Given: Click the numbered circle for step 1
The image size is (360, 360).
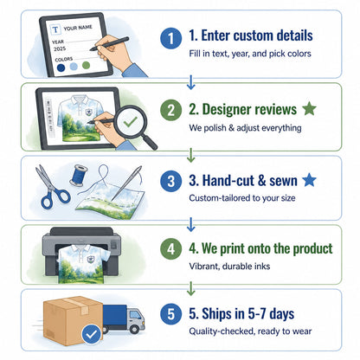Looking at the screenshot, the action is pyautogui.click(x=171, y=38).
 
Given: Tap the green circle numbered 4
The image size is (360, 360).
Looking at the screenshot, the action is pyautogui.click(x=171, y=249).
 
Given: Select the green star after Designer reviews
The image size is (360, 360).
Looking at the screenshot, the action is pyautogui.click(x=309, y=108).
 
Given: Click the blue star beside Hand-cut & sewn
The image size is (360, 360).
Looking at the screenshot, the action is pyautogui.click(x=309, y=180).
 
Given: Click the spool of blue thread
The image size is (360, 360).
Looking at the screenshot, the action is pyautogui.click(x=78, y=175).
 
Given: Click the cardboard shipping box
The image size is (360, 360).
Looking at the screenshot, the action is pyautogui.click(x=73, y=321).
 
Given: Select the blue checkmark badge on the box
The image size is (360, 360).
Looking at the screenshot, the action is pyautogui.click(x=92, y=335).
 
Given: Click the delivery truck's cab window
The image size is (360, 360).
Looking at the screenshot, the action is pyautogui.click(x=134, y=315).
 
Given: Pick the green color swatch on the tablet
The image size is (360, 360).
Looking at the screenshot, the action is pyautogui.click(x=86, y=65).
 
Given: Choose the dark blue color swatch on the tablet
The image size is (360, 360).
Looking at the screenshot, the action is pyautogui.click(x=61, y=67).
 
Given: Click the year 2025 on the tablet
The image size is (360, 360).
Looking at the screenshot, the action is pyautogui.click(x=60, y=48).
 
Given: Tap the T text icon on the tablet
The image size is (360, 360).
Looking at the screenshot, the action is pyautogui.click(x=55, y=29).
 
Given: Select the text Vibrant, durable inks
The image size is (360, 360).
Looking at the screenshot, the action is pyautogui.click(x=229, y=266).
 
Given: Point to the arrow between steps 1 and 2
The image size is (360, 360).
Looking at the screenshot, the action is pyautogui.click(x=190, y=82).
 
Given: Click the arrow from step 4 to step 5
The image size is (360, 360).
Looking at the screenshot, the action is pyautogui.click(x=190, y=288).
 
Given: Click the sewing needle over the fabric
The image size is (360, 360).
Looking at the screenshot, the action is pyautogui.click(x=127, y=183).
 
